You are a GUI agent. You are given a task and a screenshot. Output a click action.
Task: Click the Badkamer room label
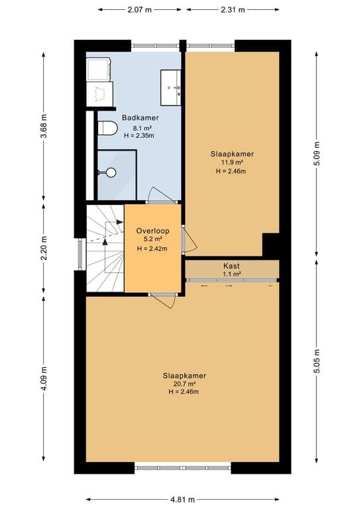click(x=141, y=118)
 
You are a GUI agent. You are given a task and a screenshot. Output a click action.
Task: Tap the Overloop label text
click(x=152, y=231)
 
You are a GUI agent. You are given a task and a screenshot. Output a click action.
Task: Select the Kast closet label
click(x=231, y=266)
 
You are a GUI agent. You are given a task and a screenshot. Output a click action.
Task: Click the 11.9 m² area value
click(x=232, y=162)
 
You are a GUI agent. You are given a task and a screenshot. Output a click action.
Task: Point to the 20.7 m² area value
click(x=184, y=384)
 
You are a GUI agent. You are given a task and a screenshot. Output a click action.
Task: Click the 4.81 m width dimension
click(x=182, y=499)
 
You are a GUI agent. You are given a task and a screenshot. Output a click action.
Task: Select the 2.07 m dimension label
click(x=140, y=10)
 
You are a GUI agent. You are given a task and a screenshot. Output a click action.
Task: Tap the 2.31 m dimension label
click(x=233, y=10)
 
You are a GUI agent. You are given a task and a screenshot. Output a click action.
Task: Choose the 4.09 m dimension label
click(x=44, y=378)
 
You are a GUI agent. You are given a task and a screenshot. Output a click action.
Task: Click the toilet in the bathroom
click(x=107, y=128)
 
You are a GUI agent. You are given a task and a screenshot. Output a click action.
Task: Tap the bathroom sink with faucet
click(x=171, y=87)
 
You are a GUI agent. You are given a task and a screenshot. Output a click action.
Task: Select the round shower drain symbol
click(x=111, y=172)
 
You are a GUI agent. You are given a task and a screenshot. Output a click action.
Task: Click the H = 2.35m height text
click(x=139, y=136)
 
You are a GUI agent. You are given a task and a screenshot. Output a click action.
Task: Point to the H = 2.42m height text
click(x=152, y=249)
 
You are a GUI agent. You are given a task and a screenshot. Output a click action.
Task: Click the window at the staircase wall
click(x=80, y=254)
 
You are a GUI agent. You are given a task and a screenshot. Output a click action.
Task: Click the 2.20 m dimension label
click(x=44, y=247)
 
